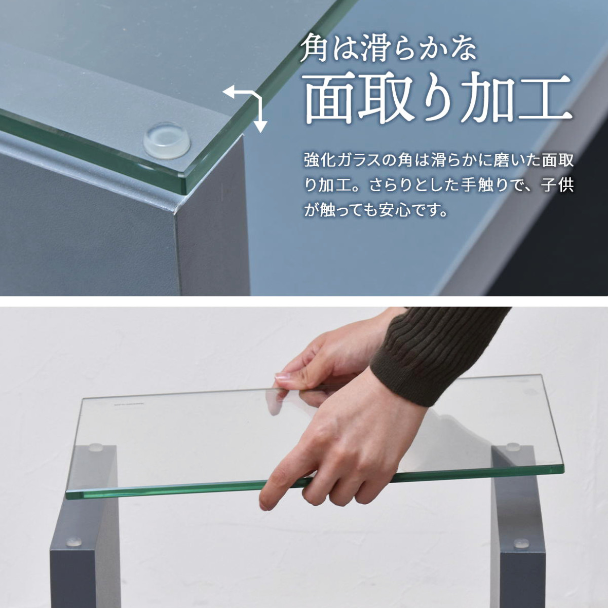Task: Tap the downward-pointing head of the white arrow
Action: tap(260, 127)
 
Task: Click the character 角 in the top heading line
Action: tap(314, 48)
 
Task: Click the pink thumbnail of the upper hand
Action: tap(282, 377)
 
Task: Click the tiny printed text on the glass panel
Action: tap(128, 403)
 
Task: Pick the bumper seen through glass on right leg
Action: tap(513, 446)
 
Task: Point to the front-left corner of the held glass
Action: tap(66, 493)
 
